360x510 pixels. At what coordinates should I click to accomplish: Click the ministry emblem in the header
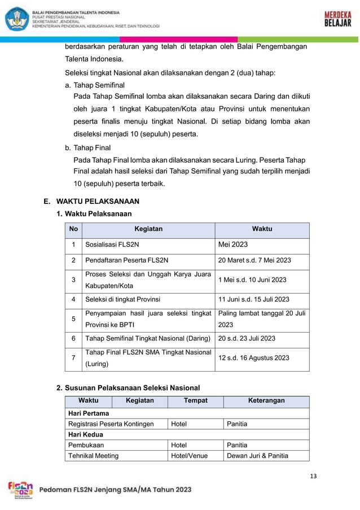tap(15, 19)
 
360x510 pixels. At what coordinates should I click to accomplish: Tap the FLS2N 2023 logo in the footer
tap(20, 490)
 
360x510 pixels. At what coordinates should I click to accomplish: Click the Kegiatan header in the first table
tap(148, 229)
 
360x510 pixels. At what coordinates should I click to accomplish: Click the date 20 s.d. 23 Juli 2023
tap(247, 338)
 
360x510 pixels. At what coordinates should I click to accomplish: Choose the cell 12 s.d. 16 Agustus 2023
tap(254, 358)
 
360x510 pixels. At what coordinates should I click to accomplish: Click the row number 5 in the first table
tap(73, 319)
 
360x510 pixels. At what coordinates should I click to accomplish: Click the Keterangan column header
tap(266, 401)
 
